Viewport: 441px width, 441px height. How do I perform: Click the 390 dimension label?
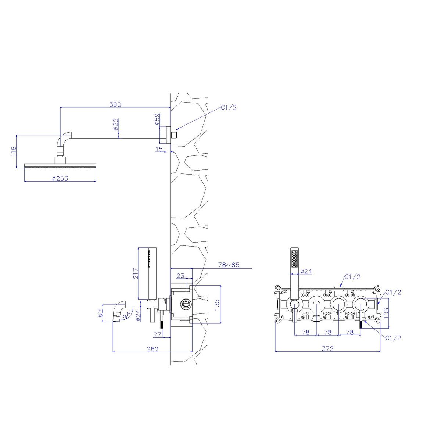coord(115,104)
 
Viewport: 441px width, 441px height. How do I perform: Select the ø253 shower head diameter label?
coord(60,178)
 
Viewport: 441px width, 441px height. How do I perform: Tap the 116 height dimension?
coord(14,151)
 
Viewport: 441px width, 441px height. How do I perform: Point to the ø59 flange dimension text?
coord(157,119)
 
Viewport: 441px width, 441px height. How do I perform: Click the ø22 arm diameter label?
coord(116,124)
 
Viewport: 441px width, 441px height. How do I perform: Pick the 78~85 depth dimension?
coord(229,265)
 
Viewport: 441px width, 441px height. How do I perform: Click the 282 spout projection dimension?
coord(153,349)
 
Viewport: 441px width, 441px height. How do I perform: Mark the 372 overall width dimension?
coord(328,349)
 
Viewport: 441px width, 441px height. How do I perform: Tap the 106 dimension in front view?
coord(386,314)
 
